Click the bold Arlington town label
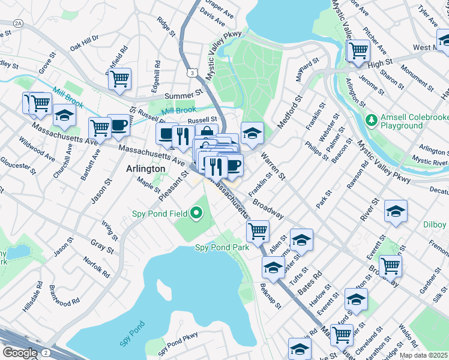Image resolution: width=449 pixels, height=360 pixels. pyautogui.click(x=146, y=169)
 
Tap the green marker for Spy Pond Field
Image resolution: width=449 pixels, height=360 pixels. pyautogui.click(x=196, y=213)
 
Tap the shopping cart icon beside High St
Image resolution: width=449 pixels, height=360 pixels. pyautogui.click(x=358, y=50)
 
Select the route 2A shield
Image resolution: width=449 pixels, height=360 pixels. pyautogui.click(x=18, y=23)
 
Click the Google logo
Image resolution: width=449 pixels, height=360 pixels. pyautogui.click(x=20, y=352)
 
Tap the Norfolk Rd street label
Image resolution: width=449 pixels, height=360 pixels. pyautogui.click(x=97, y=266)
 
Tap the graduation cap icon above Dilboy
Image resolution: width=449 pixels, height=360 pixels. pyautogui.click(x=396, y=212)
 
